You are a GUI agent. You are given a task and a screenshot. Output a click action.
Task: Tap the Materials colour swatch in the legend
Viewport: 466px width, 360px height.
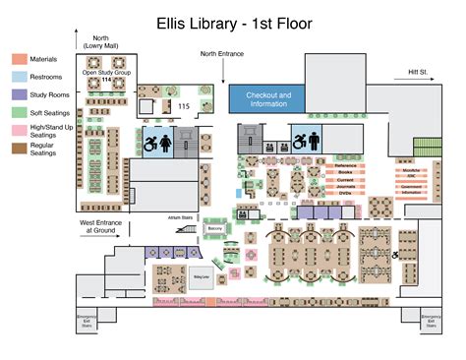pyautogui.click(x=20, y=60)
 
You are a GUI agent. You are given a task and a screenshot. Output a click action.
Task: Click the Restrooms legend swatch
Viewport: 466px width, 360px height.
pyautogui.click(x=20, y=77)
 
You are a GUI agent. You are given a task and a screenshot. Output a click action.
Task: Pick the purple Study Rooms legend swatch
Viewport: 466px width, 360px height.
pyautogui.click(x=20, y=94)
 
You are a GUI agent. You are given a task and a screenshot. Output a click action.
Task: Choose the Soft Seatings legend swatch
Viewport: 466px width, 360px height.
pyautogui.click(x=20, y=112)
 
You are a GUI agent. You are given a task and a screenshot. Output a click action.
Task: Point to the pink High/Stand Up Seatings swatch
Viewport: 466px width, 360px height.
pyautogui.click(x=20, y=130)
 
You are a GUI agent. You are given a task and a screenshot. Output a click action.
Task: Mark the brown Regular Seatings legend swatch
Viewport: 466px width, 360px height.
pyautogui.click(x=20, y=148)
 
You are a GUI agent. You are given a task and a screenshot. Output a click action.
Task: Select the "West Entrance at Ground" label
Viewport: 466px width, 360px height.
pyautogui.click(x=99, y=226)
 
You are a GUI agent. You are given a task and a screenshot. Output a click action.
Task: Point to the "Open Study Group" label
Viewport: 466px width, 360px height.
pyautogui.click(x=107, y=73)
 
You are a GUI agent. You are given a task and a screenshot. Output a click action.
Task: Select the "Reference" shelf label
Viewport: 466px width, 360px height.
pyautogui.click(x=345, y=166)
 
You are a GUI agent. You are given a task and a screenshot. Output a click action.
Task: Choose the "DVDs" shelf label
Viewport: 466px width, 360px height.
pyautogui.click(x=345, y=195)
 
